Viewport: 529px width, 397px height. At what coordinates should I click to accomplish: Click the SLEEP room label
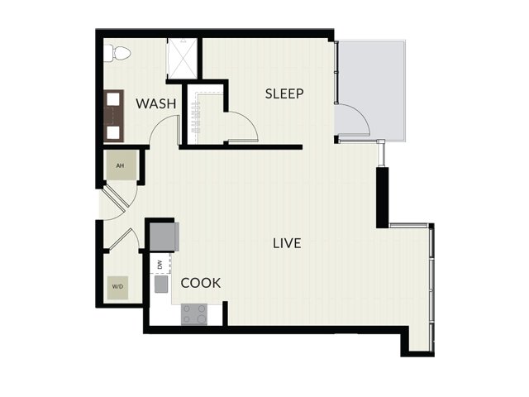[284, 93]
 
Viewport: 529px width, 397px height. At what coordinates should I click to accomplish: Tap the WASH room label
[156, 103]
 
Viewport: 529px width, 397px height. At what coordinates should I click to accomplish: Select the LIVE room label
[287, 243]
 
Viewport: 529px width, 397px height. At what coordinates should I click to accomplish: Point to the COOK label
[201, 283]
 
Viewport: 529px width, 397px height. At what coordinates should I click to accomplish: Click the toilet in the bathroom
[117, 53]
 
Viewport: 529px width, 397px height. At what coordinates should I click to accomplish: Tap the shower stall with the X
[183, 59]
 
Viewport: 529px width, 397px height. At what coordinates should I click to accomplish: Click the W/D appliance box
[117, 287]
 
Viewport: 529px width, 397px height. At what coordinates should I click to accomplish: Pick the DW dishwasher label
[160, 264]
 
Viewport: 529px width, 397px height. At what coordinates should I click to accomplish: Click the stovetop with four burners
[194, 314]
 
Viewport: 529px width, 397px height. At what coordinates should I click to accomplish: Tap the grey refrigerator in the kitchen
[164, 237]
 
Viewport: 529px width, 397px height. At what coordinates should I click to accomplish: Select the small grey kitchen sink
[161, 284]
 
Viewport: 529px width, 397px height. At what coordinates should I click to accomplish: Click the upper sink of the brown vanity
[113, 98]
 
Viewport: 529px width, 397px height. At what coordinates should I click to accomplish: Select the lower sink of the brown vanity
[113, 132]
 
